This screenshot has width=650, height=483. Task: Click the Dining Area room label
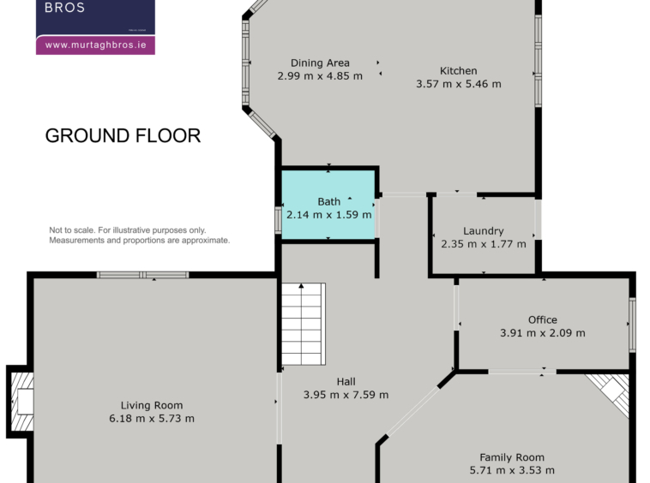pyautogui.click(x=320, y=63)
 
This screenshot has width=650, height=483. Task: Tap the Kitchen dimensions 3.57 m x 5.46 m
pyautogui.click(x=459, y=84)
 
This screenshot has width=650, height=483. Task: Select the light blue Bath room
pyautogui.click(x=328, y=205)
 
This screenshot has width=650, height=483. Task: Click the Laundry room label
pyautogui.click(x=484, y=231)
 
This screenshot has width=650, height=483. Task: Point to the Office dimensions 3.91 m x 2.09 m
pyautogui.click(x=542, y=333)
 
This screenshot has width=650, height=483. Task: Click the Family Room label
pyautogui.click(x=512, y=457)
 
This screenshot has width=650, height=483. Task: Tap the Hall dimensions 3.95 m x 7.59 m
pyautogui.click(x=346, y=395)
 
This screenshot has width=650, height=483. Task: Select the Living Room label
pyautogui.click(x=152, y=405)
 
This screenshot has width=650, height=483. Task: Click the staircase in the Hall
pyautogui.click(x=304, y=324)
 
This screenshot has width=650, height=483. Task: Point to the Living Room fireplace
pyautogui.click(x=21, y=402)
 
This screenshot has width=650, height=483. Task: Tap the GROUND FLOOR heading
pyautogui.click(x=123, y=136)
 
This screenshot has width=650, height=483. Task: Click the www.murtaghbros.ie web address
pyautogui.click(x=96, y=45)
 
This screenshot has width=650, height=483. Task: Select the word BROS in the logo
pyautogui.click(x=64, y=8)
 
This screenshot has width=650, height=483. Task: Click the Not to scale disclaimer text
pyautogui.click(x=139, y=236)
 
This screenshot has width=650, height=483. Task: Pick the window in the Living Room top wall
pyautogui.click(x=142, y=275)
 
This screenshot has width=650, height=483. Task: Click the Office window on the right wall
pyautogui.click(x=632, y=325)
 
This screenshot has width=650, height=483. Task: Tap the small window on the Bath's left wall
pyautogui.click(x=278, y=220)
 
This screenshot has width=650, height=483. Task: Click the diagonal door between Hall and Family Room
pyautogui.click(x=412, y=411)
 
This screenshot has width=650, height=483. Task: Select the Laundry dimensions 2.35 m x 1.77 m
pyautogui.click(x=484, y=244)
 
